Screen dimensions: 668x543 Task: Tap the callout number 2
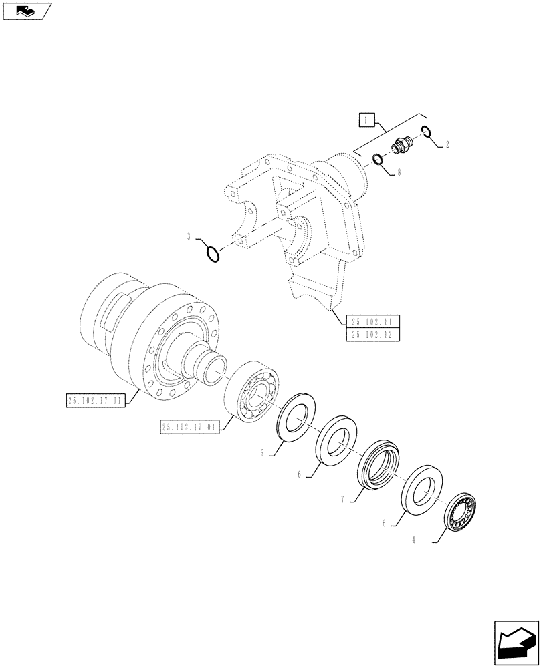pos(447,144)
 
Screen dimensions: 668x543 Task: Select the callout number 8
pos(399,172)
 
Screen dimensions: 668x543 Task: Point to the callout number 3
pos(189,236)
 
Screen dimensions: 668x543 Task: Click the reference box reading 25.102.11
pos(372,321)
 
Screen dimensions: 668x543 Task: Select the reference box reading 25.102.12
pos(372,335)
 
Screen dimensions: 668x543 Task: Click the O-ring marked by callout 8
pos(378,159)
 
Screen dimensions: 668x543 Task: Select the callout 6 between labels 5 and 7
pos(300,474)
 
